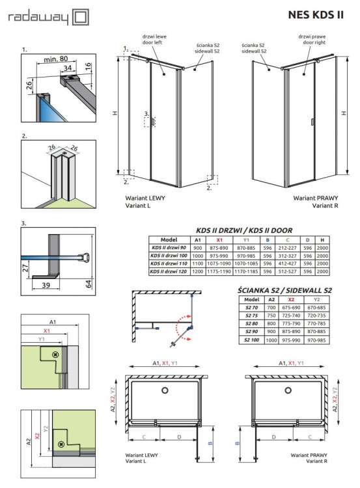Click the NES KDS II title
(x=314, y=14)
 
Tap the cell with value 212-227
(x=287, y=247)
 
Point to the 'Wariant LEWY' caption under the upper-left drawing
(x=143, y=197)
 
